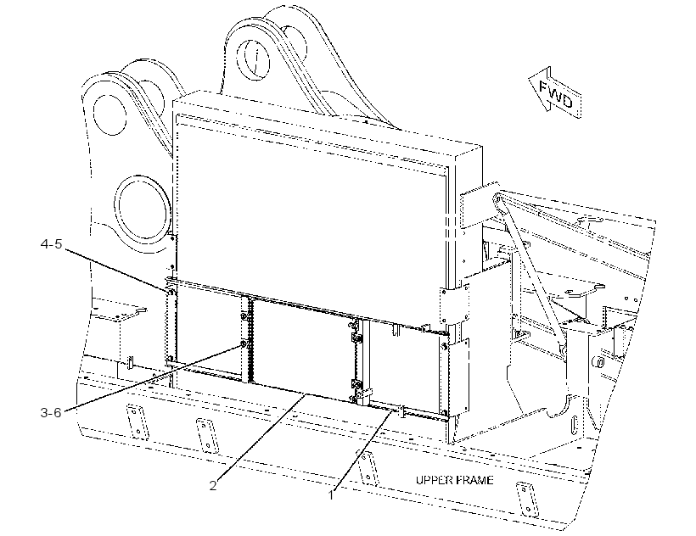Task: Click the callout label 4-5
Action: coord(52,244)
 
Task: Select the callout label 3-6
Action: coord(51,412)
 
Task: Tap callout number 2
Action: coord(213,485)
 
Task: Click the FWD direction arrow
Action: coord(555,93)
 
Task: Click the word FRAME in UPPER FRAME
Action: coord(474,480)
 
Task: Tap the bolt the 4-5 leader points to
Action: coord(171,292)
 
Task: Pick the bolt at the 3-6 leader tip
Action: coord(244,344)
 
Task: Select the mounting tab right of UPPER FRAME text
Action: coord(527,499)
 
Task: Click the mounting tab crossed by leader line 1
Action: coord(366,466)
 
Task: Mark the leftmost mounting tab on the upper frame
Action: coord(138,422)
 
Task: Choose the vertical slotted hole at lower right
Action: coord(574,427)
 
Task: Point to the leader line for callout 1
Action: coord(362,450)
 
